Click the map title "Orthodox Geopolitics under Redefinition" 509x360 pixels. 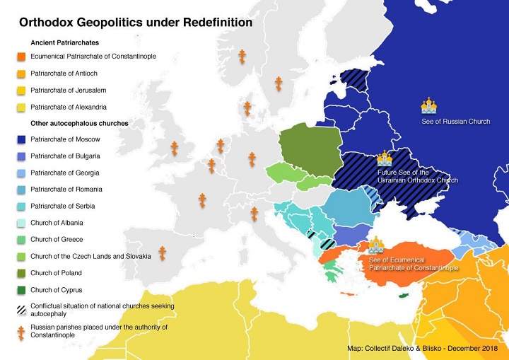pos(135,23)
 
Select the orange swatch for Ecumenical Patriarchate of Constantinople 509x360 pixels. pos(23,56)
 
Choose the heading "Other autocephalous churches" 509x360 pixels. pos(79,123)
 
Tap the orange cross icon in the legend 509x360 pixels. pos(23,330)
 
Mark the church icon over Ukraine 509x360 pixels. pos(385,158)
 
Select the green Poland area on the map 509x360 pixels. pos(305,150)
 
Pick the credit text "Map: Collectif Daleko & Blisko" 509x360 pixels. pos(422,349)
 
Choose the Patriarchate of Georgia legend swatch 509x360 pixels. pos(23,173)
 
